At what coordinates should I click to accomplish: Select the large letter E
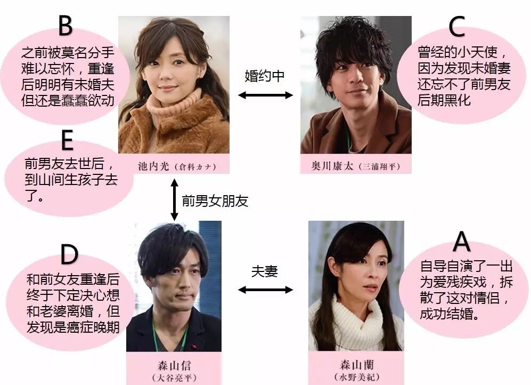67,141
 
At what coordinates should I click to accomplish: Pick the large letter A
461,243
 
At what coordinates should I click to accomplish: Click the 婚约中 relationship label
265,76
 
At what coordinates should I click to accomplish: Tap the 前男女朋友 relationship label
215,201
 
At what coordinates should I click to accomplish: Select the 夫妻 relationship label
265,271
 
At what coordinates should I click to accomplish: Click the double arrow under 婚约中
265,95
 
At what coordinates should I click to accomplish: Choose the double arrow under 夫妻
265,290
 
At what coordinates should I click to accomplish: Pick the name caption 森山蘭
355,366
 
